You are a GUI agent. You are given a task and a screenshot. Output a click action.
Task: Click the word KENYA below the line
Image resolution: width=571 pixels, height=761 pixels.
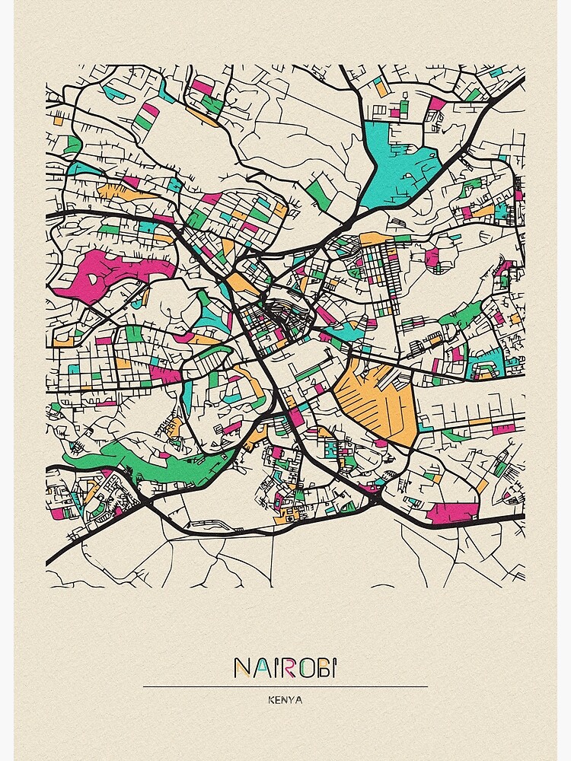(285, 700)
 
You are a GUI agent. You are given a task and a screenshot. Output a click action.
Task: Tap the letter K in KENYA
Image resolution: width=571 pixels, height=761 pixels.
(270, 700)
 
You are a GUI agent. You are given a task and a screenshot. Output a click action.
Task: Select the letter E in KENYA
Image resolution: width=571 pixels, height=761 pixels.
(277, 700)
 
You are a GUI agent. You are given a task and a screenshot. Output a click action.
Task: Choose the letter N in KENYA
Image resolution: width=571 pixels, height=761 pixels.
(285, 700)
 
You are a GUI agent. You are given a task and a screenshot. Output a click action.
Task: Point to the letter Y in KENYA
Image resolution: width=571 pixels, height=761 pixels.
(292, 700)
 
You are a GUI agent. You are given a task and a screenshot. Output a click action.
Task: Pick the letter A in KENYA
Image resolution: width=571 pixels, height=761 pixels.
(298, 700)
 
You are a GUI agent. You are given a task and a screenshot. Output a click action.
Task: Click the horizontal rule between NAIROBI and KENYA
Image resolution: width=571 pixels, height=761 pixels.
(285, 687)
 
